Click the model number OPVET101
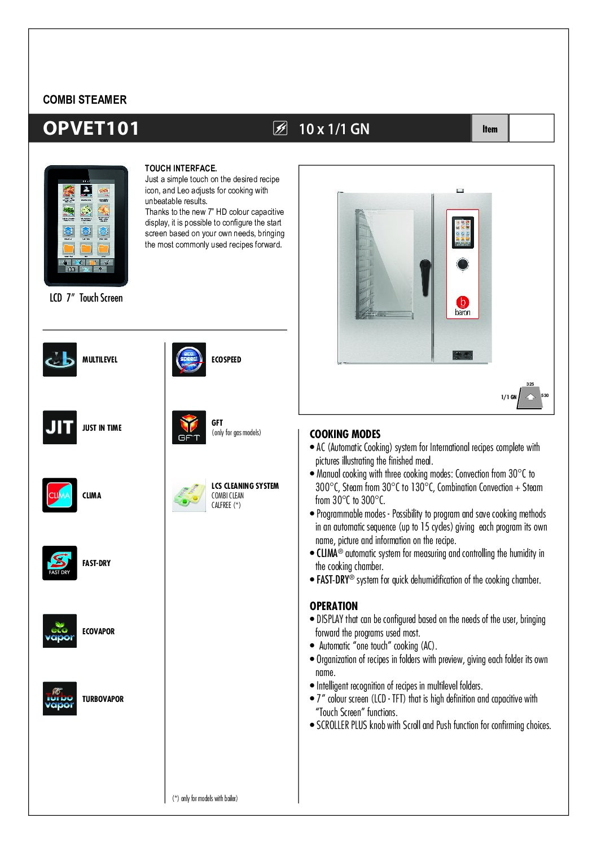(91, 129)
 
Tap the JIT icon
(60, 427)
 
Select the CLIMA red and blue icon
(60, 495)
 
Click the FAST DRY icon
(60, 563)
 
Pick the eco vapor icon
(60, 631)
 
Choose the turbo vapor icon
(60, 699)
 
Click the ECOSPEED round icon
(189, 359)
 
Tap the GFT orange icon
(189, 427)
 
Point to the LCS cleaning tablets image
(189, 496)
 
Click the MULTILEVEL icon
(60, 359)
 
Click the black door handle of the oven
(425, 277)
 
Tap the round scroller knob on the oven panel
(463, 264)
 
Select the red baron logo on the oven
(463, 303)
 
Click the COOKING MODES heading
(345, 434)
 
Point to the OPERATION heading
(333, 606)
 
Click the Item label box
(490, 129)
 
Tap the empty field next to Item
(531, 129)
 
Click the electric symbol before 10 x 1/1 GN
(280, 129)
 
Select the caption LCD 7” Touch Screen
(86, 298)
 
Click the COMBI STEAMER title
(85, 100)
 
